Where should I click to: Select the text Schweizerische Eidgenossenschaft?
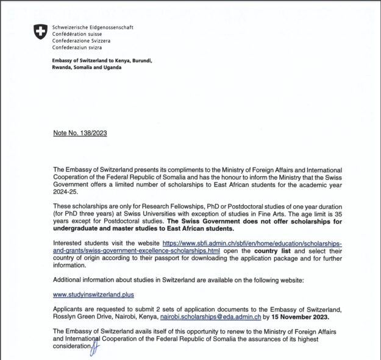92,27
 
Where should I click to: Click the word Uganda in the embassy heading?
110,68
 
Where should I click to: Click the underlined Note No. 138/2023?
80,133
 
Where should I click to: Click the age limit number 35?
337,215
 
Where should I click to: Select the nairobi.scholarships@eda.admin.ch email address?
210,317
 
